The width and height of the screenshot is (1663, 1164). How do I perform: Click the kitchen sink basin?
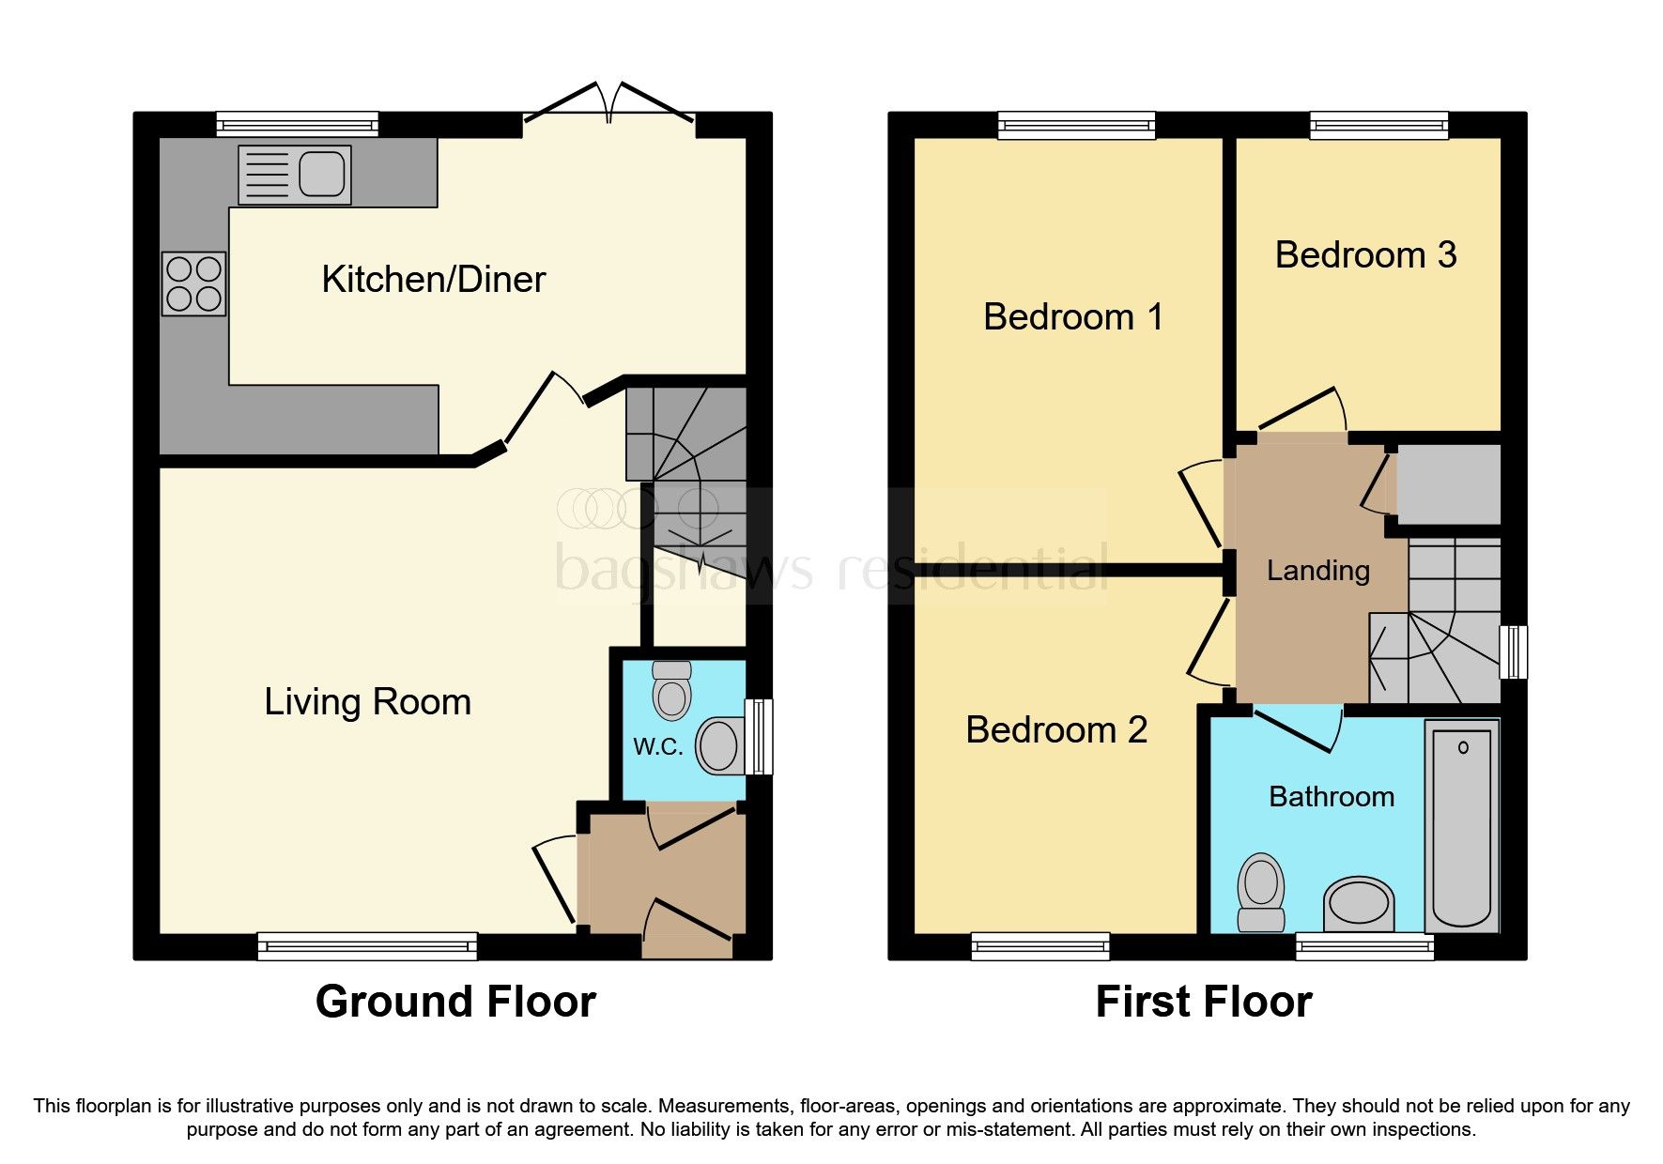coord(322,175)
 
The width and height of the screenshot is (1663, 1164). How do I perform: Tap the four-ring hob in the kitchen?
coord(193,283)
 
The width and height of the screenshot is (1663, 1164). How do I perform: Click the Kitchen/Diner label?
coord(433,280)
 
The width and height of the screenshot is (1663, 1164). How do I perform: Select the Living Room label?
coord(367,702)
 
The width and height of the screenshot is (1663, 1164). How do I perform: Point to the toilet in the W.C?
coord(671,692)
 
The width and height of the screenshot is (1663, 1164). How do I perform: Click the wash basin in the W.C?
coord(719,746)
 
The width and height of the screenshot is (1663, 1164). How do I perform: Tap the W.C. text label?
coord(657,747)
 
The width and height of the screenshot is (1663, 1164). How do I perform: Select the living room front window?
coord(367,945)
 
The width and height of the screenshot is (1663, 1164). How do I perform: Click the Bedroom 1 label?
coord(1072,317)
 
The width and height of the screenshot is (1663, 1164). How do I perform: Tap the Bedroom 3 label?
coord(1364,255)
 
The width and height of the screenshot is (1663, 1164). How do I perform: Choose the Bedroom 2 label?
coord(1055,730)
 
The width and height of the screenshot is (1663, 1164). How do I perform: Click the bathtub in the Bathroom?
coord(1461,826)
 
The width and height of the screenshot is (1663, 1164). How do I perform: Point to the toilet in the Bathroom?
coord(1260,892)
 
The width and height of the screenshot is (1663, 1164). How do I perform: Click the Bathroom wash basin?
coord(1359,905)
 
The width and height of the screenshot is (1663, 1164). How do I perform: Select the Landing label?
coord(1317,571)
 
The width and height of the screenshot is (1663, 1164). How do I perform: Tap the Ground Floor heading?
coord(455,1002)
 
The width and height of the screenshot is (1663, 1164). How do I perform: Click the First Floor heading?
coord(1203,1002)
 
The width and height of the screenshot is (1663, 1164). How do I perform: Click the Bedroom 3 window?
coord(1378,125)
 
